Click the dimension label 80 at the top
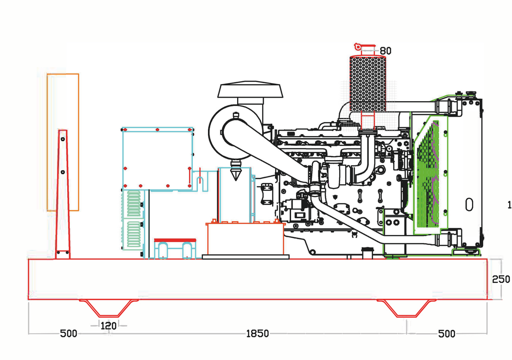[385, 51]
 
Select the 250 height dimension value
[501, 279]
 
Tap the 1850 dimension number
[257, 334]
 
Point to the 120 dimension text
[108, 326]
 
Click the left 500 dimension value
[68, 334]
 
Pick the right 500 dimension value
[447, 334]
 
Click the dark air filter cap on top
[250, 90]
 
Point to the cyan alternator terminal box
[157, 158]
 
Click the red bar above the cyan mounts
[175, 240]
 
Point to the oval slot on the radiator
[469, 204]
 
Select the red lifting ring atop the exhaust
[358, 47]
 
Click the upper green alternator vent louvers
[134, 204]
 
